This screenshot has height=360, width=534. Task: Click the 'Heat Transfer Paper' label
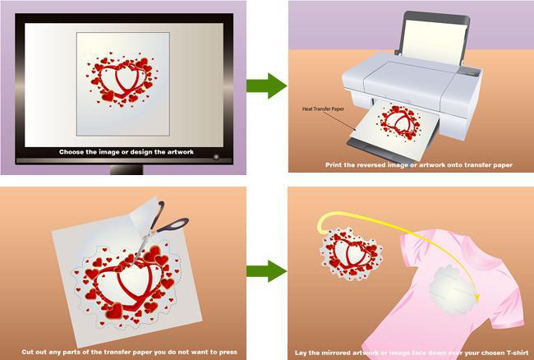coord(323,109)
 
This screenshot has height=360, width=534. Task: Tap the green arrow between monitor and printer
coord(267,85)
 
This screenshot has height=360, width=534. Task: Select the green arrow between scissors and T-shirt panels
coord(267,271)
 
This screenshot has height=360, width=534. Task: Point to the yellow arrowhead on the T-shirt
coord(476,296)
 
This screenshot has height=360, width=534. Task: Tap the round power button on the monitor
coord(216,157)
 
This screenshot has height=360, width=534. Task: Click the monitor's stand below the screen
coord(127,169)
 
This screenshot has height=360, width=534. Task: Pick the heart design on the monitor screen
coord(122,80)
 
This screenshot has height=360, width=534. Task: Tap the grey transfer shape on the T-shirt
coord(452,290)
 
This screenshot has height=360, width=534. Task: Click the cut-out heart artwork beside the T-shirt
coord(352,254)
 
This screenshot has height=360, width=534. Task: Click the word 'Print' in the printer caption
coord(333,165)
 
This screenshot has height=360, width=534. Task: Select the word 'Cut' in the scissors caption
coord(27,352)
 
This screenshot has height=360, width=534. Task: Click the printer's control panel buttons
coord(469,72)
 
